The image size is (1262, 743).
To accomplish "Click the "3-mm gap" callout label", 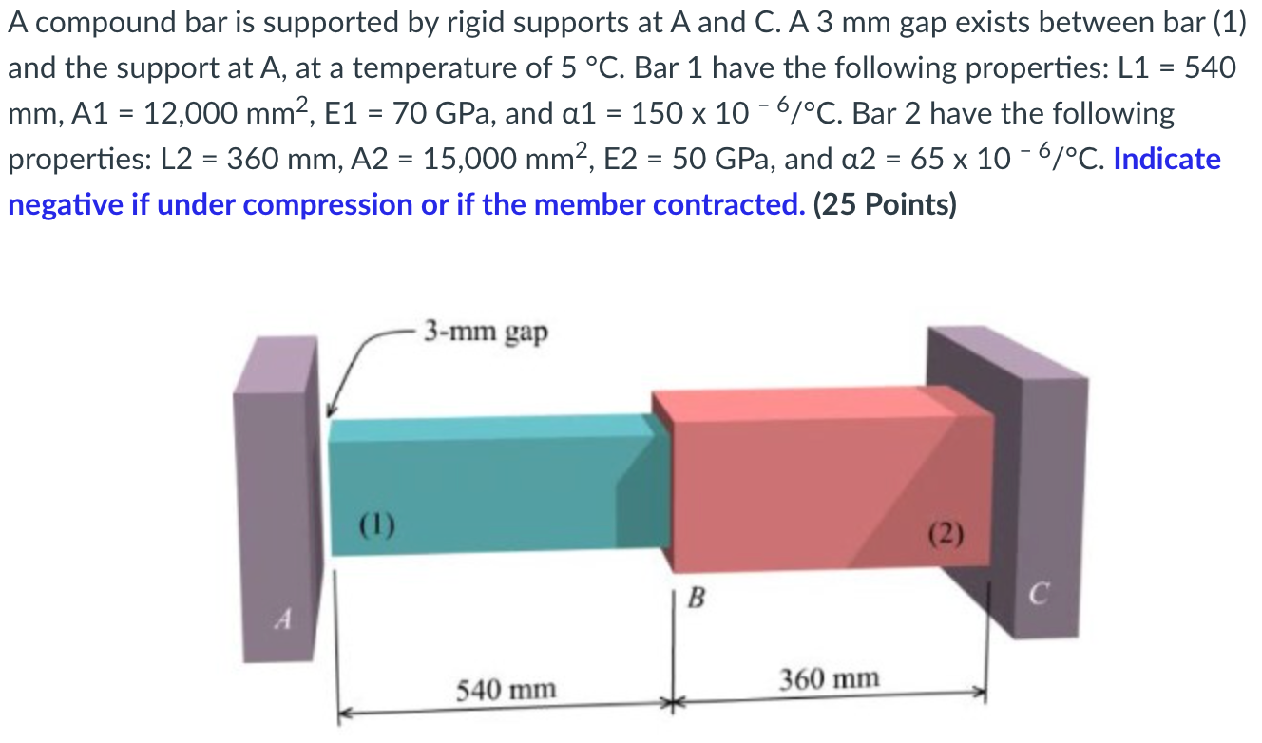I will [486, 332].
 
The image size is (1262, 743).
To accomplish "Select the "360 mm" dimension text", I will [830, 678].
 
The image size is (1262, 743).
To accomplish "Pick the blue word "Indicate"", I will [1167, 159].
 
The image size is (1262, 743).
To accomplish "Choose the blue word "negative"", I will [66, 204].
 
